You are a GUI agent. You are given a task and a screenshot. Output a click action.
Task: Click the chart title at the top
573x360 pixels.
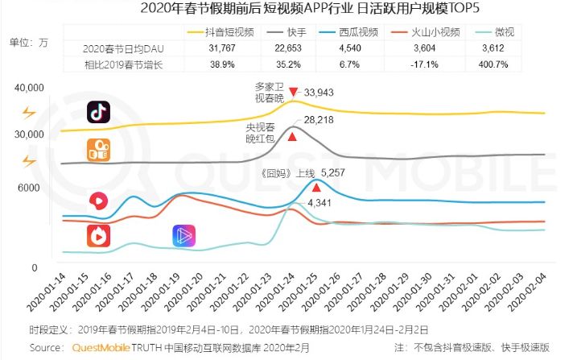point(287,10)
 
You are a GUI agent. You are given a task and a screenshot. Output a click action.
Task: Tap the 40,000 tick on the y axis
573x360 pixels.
point(27,87)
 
